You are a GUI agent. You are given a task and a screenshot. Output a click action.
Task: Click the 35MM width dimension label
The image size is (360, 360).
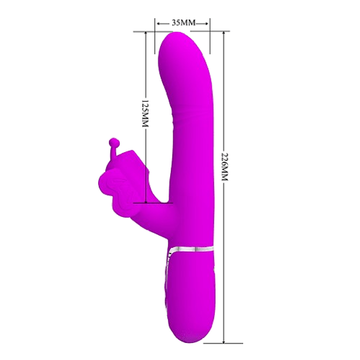coord(183,23)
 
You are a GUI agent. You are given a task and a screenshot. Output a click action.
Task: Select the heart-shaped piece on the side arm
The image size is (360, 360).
coord(114,188)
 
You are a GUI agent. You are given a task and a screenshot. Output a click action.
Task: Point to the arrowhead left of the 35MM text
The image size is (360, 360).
coord(159,23)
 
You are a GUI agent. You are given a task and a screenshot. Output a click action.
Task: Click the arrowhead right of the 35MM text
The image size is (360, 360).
coord(207,23)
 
